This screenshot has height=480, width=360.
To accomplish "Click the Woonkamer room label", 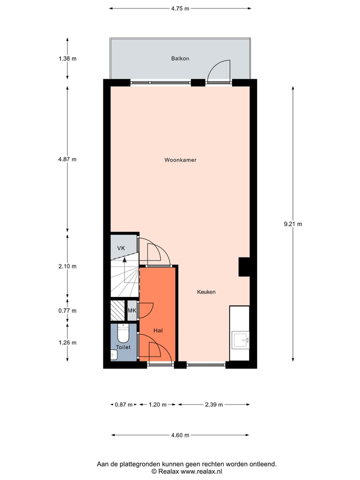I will (180, 160).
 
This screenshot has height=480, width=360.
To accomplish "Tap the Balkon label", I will (180, 58).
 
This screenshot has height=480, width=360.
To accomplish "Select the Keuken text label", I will (206, 292).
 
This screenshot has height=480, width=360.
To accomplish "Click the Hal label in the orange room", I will (158, 330).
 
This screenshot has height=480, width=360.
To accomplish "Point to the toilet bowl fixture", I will (123, 333).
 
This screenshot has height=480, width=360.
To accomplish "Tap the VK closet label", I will (121, 248).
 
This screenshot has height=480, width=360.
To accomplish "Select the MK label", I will (132, 311).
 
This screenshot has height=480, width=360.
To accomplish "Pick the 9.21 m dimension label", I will (292, 224).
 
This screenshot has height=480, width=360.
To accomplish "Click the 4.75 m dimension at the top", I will (180, 8).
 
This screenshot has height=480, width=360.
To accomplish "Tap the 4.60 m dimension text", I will (180, 435).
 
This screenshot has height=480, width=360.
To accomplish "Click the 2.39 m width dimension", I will (213, 404).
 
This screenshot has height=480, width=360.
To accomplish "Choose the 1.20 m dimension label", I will (157, 404).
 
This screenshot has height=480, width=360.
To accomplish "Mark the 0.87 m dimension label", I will (123, 404).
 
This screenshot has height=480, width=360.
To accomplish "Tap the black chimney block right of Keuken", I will (244, 266).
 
